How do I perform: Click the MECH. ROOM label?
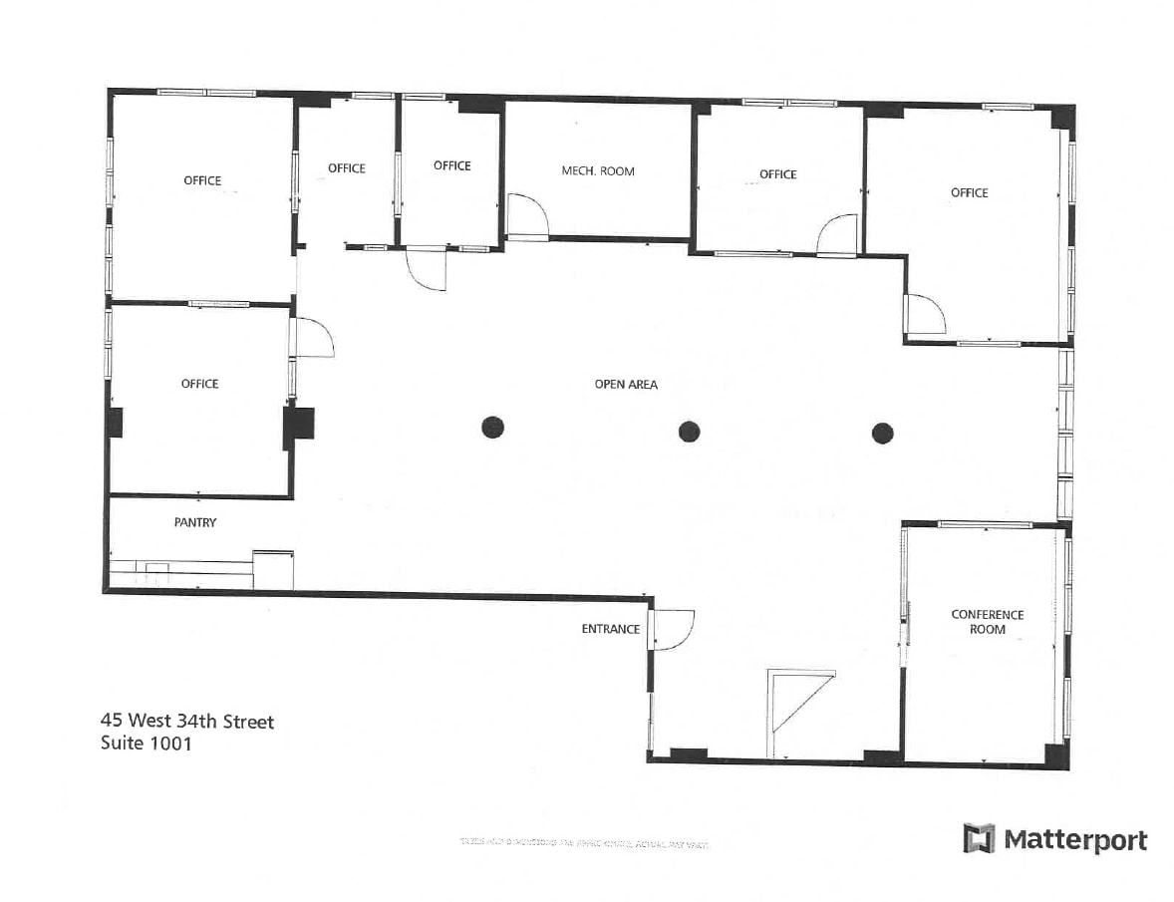597,171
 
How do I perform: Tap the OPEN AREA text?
626,384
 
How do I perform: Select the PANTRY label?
195,522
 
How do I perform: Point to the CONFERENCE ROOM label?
987,622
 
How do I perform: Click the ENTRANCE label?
610,629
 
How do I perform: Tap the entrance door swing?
673,630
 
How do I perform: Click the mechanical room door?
525,215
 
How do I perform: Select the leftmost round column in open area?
492,428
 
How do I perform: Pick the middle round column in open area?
689,432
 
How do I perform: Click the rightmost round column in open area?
882,433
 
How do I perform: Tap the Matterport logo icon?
979,838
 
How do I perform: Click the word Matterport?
1074,839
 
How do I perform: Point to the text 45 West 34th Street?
186,721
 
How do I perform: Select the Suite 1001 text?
146,743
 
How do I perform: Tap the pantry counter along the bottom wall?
179,569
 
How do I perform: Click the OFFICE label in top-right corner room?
969,192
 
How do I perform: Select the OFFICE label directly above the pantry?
199,384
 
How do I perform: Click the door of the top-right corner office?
925,315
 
